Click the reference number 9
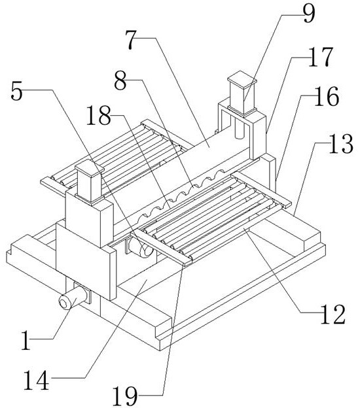(308, 14)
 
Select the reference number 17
(321, 57)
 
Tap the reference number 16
(327, 97)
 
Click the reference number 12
(333, 314)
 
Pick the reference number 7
(131, 40)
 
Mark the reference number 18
(99, 115)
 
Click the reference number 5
(17, 92)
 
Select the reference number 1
(26, 341)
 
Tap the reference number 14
(37, 380)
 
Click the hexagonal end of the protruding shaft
(64, 303)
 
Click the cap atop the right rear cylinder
(242, 80)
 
